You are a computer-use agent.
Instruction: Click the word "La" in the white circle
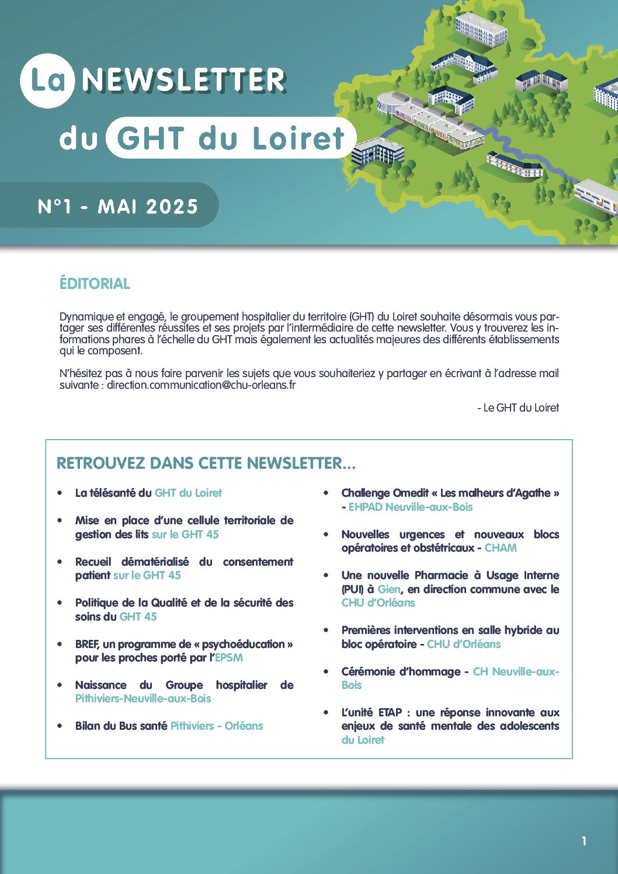(47, 81)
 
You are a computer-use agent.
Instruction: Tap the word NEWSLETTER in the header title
(183, 81)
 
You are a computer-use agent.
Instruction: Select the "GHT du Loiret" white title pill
(231, 138)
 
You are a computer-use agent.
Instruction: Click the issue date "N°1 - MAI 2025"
(118, 206)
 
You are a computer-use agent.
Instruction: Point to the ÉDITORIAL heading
(95, 284)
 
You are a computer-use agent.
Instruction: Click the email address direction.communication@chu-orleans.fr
(201, 385)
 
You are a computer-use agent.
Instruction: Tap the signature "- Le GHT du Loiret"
(518, 408)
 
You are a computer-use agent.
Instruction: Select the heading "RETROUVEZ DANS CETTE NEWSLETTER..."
(206, 464)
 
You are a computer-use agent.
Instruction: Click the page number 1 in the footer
(584, 841)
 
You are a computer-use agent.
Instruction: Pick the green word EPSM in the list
(229, 658)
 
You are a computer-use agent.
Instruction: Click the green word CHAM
(501, 548)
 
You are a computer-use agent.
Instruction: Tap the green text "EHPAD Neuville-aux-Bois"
(411, 507)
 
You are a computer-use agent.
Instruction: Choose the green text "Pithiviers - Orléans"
(217, 726)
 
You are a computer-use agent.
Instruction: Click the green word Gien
(389, 590)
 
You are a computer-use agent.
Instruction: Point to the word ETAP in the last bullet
(390, 713)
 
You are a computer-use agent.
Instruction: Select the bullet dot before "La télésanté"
(60, 493)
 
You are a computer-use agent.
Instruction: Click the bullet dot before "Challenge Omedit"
(327, 493)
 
